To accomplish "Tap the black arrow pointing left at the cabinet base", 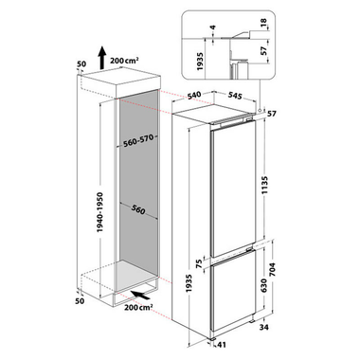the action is click(140, 296).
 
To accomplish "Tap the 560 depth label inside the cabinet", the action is click(137, 209).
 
